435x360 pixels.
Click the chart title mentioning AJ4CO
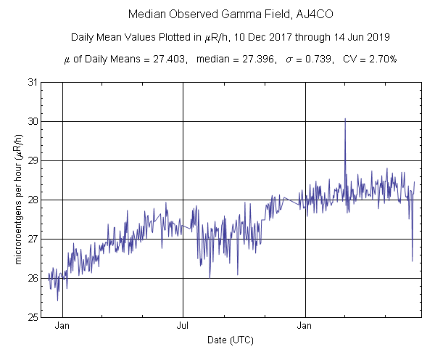pyautogui.click(x=217, y=14)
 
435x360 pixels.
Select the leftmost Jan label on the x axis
pyautogui.click(x=63, y=326)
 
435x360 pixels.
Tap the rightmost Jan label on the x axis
pyautogui.click(x=306, y=326)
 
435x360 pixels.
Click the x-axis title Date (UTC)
pyautogui.click(x=231, y=340)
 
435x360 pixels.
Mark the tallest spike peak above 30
pyautogui.click(x=345, y=119)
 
